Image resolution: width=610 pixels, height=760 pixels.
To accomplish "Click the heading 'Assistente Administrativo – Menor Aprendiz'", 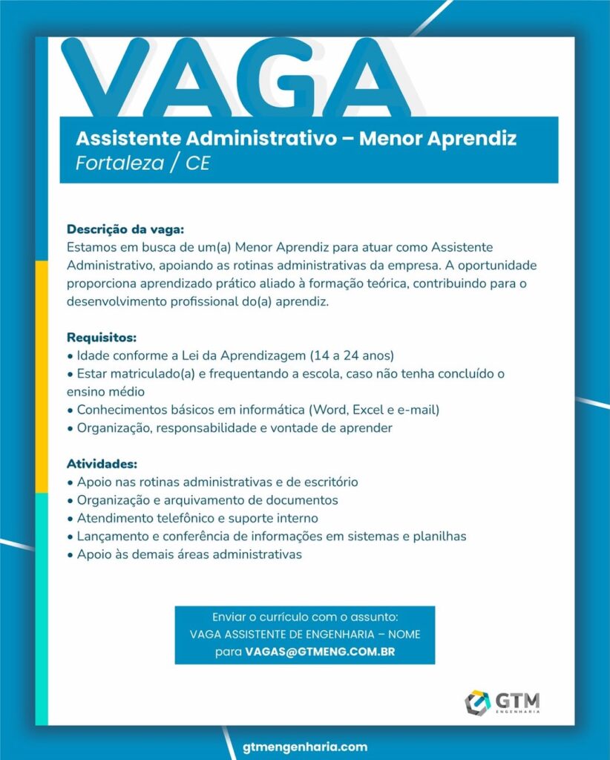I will (296, 139).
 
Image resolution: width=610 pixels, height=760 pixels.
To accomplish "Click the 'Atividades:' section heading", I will (102, 465).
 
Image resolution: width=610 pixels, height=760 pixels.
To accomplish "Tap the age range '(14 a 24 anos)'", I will (352, 355).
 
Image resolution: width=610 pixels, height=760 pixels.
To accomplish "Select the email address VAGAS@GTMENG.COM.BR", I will (320, 651).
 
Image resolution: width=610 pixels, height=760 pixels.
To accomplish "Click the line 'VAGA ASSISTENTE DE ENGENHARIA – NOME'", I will (305, 634).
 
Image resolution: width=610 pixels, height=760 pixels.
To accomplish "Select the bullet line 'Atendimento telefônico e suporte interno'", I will (193, 518).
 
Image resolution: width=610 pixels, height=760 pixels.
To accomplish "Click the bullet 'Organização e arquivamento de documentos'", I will (203, 500).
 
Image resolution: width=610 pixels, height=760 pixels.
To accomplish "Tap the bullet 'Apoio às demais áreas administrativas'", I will (185, 554).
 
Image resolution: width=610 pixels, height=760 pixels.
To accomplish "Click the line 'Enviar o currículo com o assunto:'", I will (305, 617).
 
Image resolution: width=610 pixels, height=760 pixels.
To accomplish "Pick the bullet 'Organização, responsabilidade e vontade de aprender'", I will (230, 428).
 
